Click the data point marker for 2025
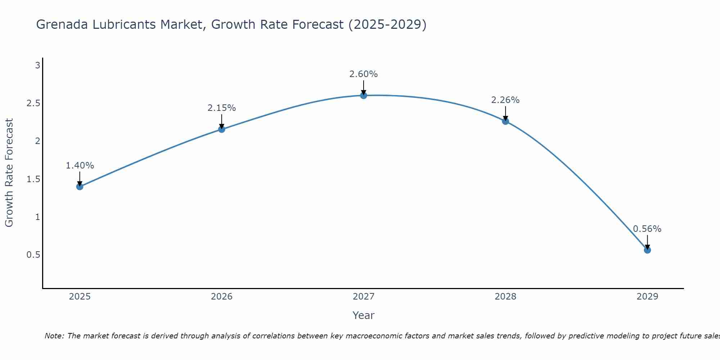pyautogui.click(x=80, y=186)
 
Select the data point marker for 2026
pyautogui.click(x=222, y=129)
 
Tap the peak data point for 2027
pyautogui.click(x=364, y=95)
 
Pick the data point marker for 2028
pyautogui.click(x=505, y=121)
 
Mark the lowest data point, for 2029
pyautogui.click(x=647, y=250)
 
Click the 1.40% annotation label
pyautogui.click(x=80, y=166)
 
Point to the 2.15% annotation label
pyautogui.click(x=222, y=108)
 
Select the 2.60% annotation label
pyautogui.click(x=364, y=74)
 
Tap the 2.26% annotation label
pyautogui.click(x=505, y=100)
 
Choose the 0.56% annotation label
pyautogui.click(x=647, y=229)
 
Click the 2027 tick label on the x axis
pyautogui.click(x=364, y=297)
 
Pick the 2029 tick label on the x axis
pyautogui.click(x=647, y=297)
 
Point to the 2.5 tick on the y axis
pyautogui.click(x=33, y=103)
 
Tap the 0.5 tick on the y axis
pyautogui.click(x=33, y=255)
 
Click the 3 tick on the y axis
pyautogui.click(x=37, y=66)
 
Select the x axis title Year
pyautogui.click(x=364, y=315)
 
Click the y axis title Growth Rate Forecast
pyautogui.click(x=9, y=173)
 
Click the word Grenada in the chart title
pyautogui.click(x=60, y=24)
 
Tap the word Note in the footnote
pyautogui.click(x=54, y=336)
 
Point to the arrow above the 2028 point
pyautogui.click(x=505, y=113)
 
